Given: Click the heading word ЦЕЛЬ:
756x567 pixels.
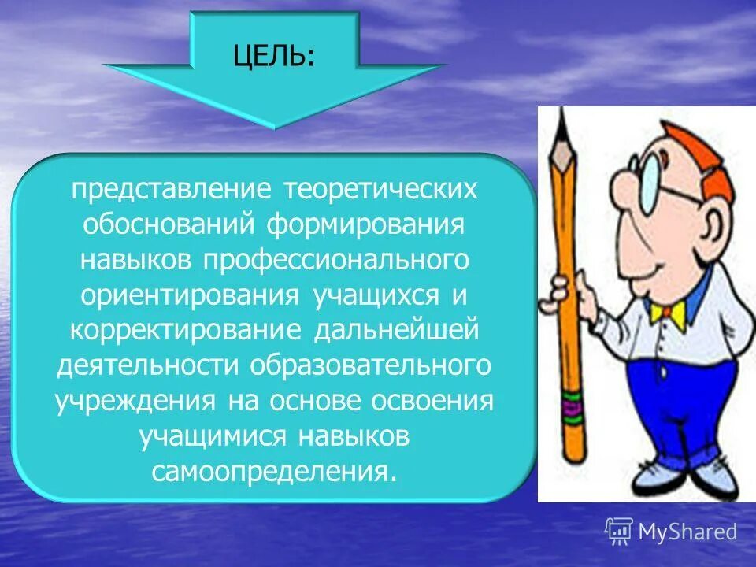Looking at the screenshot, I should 272,57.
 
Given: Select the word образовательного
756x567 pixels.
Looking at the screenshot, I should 371,367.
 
